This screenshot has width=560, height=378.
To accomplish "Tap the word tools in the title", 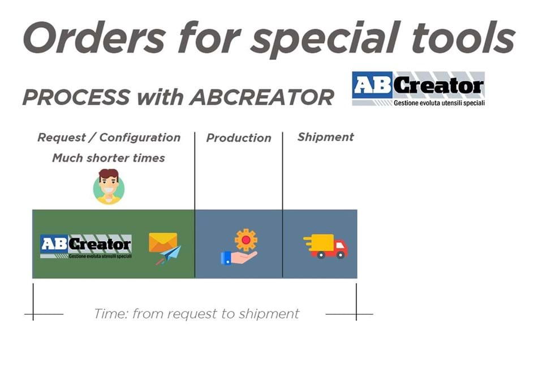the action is coord(463,37).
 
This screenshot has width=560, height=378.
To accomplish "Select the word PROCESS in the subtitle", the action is coord(76,97).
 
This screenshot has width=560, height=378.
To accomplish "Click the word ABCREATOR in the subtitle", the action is coord(262,97).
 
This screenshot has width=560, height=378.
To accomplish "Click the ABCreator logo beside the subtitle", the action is coord(418,89).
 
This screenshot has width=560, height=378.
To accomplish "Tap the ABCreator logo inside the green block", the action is coord(86,246).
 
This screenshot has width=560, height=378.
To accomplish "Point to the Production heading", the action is coord(239,138).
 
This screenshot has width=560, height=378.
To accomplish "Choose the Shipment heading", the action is coord(325,137).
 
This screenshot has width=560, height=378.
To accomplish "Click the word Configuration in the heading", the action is coord(140,138).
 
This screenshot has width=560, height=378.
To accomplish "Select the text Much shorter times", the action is coord(109,158).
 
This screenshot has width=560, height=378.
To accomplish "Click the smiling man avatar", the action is coord(109,186).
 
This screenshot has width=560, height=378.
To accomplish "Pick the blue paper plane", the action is coord(170,254).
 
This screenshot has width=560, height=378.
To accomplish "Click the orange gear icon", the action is coord(245,240).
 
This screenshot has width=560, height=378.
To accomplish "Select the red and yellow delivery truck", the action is coord(325,246).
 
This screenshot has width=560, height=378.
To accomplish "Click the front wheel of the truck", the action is coord(340,255).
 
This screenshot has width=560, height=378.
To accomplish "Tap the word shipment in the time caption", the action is coord(269,314).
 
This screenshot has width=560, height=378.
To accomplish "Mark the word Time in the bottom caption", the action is coord(111,314).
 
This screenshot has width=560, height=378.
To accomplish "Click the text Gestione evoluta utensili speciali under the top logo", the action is coord(440,103).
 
